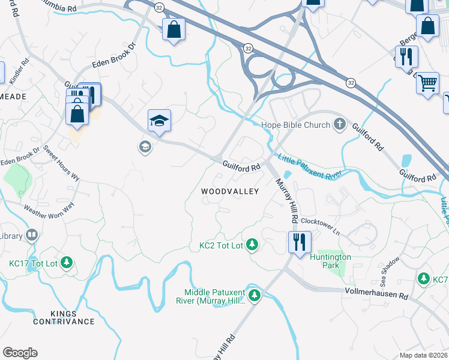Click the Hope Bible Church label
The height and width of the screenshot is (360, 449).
coord(296,125)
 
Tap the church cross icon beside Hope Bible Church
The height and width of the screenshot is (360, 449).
coord(340,125)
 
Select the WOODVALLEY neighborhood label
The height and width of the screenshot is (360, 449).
coord(230,191)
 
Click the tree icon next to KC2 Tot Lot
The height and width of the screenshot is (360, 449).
coord(254,245)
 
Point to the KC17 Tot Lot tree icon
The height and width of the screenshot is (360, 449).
coord(67,262)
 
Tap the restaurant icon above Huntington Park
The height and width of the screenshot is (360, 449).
coord(298,242)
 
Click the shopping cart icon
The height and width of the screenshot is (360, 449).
coord(427,83)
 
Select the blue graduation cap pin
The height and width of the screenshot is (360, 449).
coord(159,121)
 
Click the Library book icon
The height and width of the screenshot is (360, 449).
coord(31,236)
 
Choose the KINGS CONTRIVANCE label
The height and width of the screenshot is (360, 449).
coord(64,317)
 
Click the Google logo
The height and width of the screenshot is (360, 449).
coord(20,353)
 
